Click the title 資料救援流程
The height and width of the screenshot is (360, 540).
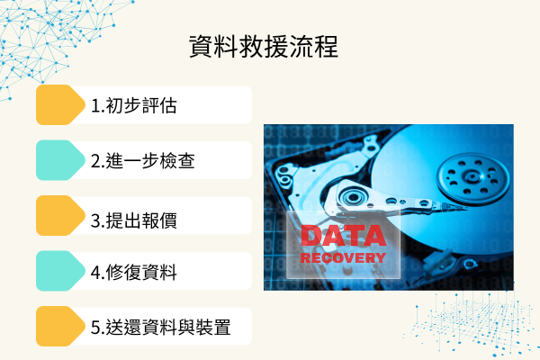pyautogui.click(x=264, y=47)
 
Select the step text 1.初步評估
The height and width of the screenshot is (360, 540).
pyautogui.click(x=133, y=106)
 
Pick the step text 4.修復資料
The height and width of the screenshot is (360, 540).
pyautogui.click(x=133, y=272)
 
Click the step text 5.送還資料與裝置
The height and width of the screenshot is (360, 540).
pyautogui.click(x=161, y=328)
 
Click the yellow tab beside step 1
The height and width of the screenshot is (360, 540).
pyautogui.click(x=59, y=105)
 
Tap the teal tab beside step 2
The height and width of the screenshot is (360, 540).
pyautogui.click(x=59, y=160)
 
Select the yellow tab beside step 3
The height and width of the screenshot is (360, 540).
pyautogui.click(x=59, y=216)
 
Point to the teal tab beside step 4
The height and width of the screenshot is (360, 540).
pyautogui.click(x=59, y=271)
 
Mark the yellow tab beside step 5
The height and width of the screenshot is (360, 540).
pyautogui.click(x=59, y=327)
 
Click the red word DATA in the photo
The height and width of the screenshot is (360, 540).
pyautogui.click(x=343, y=237)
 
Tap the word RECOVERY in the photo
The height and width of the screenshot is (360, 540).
pyautogui.click(x=343, y=257)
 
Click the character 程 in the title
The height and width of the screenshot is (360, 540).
pyautogui.click(x=326, y=47)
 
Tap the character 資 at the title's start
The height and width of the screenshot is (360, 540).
pyautogui.click(x=202, y=47)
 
